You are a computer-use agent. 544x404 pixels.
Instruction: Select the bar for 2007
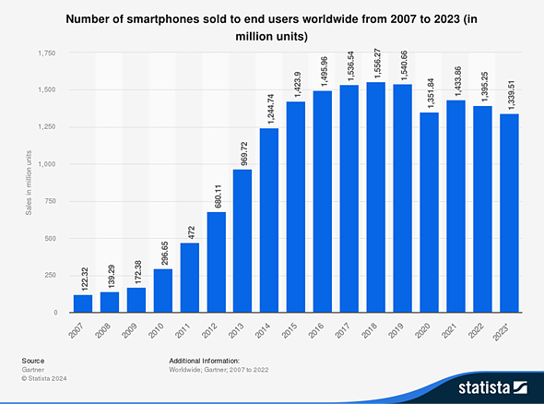tap(83, 303)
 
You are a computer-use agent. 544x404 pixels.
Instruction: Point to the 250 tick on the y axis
tap(52, 276)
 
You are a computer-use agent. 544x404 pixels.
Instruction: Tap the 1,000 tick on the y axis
tap(48, 164)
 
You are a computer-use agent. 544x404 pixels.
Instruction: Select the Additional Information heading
tap(204, 361)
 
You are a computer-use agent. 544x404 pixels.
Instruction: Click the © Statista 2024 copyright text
tap(44, 377)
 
